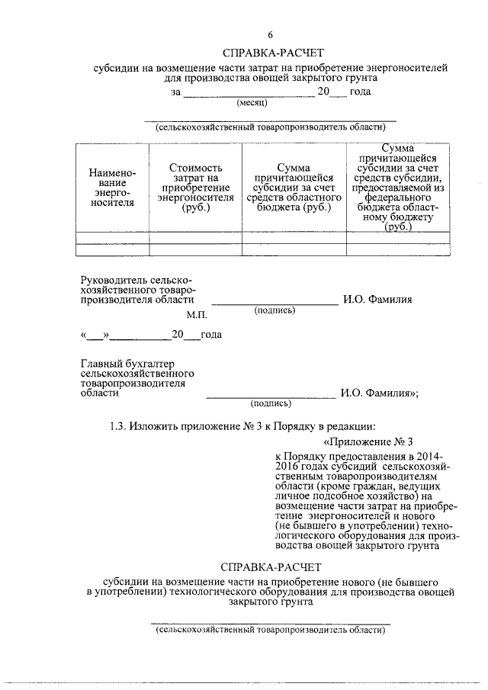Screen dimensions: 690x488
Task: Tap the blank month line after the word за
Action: [x=248, y=95]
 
